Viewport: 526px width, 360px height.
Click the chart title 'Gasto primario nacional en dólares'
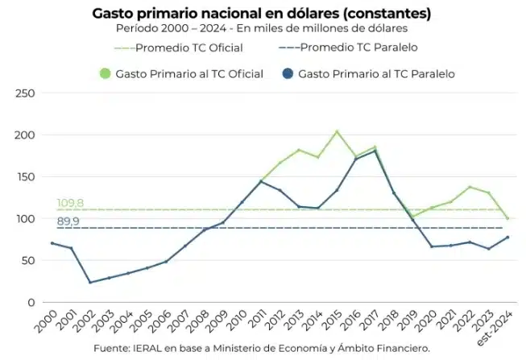pyautogui.click(x=261, y=13)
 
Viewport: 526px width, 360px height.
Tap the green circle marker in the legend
pyautogui.click(x=105, y=74)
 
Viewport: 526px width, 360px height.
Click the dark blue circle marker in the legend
pyautogui.click(x=287, y=74)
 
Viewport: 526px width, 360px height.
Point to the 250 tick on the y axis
pyautogui.click(x=28, y=93)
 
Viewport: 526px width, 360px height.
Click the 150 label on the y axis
pyautogui.click(x=28, y=177)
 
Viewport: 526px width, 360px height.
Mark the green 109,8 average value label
pyautogui.click(x=70, y=203)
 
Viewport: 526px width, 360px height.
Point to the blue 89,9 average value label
pyautogui.click(x=68, y=221)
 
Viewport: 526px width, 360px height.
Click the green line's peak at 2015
pyautogui.click(x=337, y=131)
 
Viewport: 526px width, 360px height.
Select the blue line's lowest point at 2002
pyautogui.click(x=90, y=283)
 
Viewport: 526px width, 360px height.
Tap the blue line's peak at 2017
pyautogui.click(x=375, y=151)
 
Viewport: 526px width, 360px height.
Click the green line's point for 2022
pyautogui.click(x=470, y=187)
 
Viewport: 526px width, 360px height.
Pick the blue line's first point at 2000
pyautogui.click(x=52, y=243)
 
